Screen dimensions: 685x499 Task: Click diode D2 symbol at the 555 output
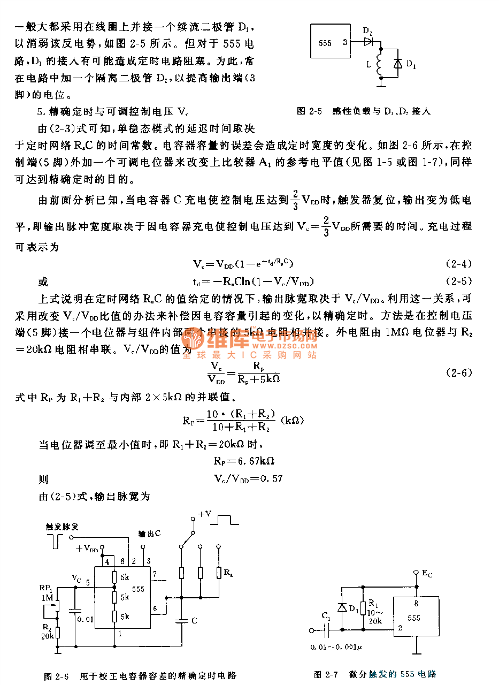coord(368,41)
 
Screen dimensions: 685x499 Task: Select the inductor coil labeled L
coord(380,63)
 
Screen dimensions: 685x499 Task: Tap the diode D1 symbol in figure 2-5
coord(397,63)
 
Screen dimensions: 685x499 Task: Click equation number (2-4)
coord(458,264)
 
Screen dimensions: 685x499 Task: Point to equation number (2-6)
coord(458,372)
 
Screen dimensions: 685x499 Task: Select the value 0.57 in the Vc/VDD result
coord(271,478)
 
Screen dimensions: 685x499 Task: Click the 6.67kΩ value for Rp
coord(252,461)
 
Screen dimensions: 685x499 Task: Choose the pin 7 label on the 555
coord(155,574)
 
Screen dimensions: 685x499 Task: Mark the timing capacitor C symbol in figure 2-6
coord(182,621)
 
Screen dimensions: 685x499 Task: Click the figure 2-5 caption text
coord(363,111)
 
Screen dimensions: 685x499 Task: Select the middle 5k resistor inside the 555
coord(114,596)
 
